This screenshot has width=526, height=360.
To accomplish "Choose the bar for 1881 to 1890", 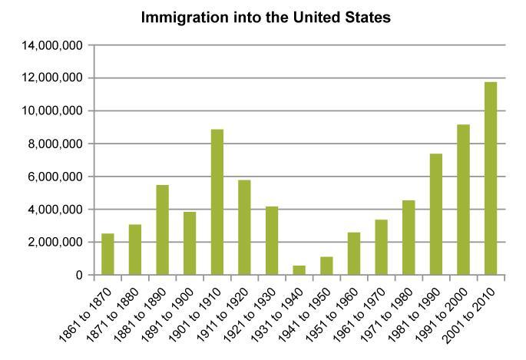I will (163, 230).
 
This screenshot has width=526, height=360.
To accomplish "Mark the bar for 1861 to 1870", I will (108, 254).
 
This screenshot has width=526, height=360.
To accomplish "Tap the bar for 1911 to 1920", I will (245, 227).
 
